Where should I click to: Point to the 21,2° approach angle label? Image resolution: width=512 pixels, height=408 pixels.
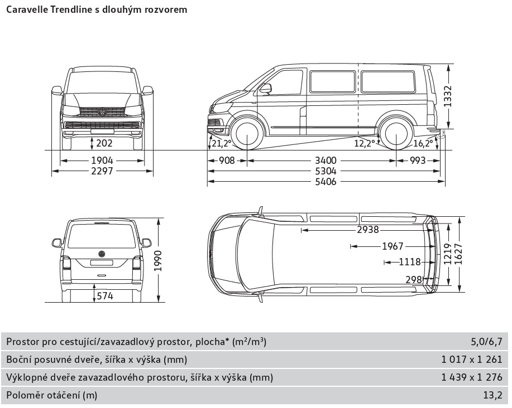point(221,143)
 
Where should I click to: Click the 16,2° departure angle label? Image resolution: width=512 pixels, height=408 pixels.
point(424,143)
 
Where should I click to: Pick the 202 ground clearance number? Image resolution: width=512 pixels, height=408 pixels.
point(104,143)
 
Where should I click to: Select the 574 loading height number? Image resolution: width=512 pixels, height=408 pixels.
point(104,295)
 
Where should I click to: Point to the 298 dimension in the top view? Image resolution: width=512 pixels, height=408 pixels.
point(414,279)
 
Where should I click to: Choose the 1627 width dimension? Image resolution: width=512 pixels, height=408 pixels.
point(458,256)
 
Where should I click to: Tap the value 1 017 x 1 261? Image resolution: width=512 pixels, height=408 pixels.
point(472,360)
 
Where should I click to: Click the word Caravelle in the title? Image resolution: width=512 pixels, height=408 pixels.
point(27,9)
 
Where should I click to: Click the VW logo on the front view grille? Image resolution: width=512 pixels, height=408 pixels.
point(102,113)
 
